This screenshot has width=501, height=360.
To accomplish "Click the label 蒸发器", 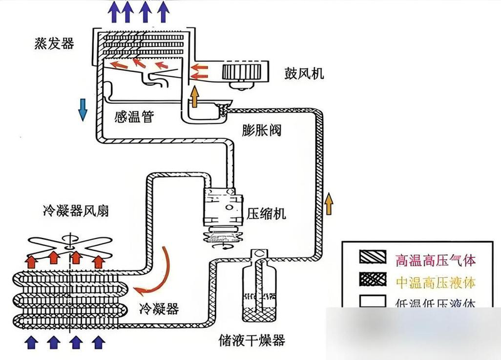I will [x=55, y=43].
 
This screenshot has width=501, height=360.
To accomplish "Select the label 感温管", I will [x=134, y=117].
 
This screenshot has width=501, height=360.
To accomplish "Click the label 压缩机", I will [x=267, y=213].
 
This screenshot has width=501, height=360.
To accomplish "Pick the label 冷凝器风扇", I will [x=68, y=211].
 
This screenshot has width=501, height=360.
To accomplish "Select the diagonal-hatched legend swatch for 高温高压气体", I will [x=371, y=258].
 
